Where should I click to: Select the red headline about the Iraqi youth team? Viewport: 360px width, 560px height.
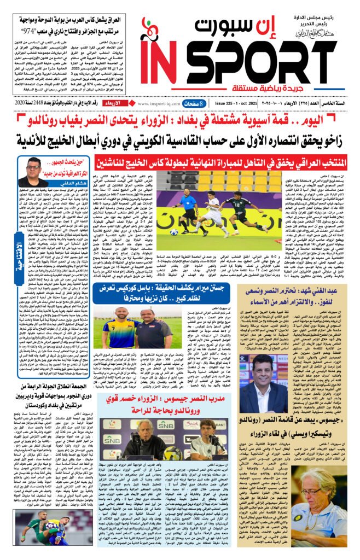coord(221,162)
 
